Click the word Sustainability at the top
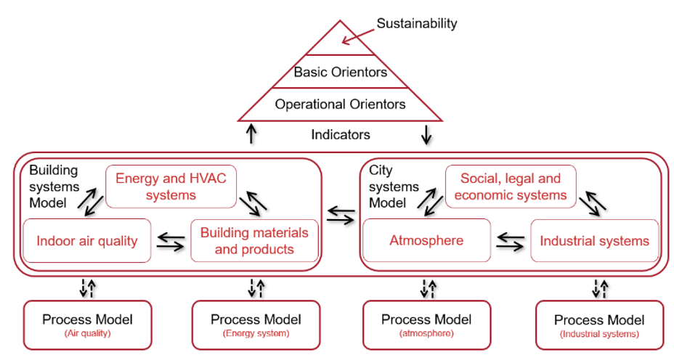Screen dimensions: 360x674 (x=416, y=23)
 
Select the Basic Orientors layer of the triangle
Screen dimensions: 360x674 (x=340, y=72)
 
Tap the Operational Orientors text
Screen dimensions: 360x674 (x=340, y=104)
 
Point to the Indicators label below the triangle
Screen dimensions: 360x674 (x=340, y=134)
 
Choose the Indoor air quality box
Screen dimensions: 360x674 (x=87, y=240)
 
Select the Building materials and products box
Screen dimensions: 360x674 (x=254, y=240)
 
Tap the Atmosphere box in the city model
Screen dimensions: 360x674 (x=426, y=240)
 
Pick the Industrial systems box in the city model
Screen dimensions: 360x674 (x=594, y=240)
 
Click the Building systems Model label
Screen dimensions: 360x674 (x=54, y=187)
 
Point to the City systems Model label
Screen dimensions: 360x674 (x=394, y=187)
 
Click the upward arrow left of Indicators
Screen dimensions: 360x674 (x=251, y=134)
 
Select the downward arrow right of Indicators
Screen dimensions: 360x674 (x=427, y=134)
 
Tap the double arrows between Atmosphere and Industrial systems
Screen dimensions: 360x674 (x=509, y=241)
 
